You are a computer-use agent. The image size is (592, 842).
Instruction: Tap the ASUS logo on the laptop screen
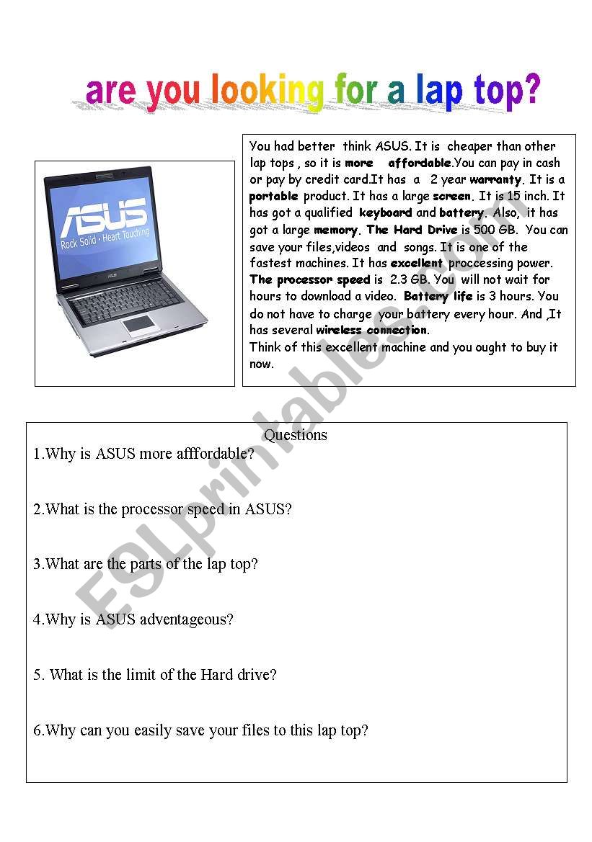pyautogui.click(x=105, y=215)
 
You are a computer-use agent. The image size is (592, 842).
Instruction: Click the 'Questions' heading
pyautogui.click(x=295, y=434)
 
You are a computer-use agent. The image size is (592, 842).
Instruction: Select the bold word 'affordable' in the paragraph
pyautogui.click(x=420, y=163)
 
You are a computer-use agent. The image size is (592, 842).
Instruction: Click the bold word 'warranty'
pyautogui.click(x=495, y=180)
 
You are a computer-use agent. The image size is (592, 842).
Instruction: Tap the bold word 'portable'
pyautogui.click(x=274, y=197)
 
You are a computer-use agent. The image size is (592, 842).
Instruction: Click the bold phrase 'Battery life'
pyautogui.click(x=438, y=297)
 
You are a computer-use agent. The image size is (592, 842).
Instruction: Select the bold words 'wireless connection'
pyautogui.click(x=371, y=330)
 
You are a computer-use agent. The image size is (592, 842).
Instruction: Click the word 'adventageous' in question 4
pyautogui.click(x=186, y=619)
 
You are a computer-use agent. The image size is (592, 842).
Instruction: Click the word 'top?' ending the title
pyautogui.click(x=507, y=92)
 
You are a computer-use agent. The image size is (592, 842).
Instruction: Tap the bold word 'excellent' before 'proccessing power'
pyautogui.click(x=417, y=263)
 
